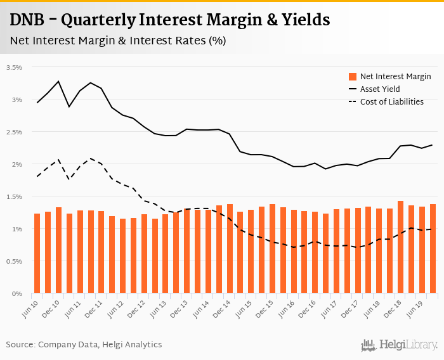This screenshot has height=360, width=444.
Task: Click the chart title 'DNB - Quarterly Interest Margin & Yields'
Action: pos(170,20)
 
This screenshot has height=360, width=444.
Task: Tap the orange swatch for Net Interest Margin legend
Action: pos(353,77)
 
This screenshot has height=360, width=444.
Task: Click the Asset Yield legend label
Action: pos(380,89)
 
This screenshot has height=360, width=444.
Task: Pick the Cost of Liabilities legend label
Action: pos(391,101)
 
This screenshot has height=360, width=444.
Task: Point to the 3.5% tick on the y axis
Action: pos(14,67)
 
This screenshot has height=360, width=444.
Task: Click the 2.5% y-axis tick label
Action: pos(14,132)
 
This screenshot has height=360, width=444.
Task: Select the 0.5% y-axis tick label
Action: pos(14,261)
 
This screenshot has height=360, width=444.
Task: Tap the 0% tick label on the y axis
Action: pos(16,293)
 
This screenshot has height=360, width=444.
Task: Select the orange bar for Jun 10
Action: pos(37,254)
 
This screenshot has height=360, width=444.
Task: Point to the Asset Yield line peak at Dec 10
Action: pos(58,81)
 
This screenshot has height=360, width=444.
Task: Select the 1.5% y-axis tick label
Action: pos(14,196)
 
